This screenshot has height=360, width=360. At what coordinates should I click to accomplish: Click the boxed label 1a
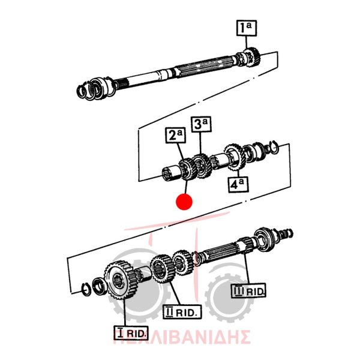[x=247, y=28]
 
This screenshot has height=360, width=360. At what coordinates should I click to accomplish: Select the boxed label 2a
[x=175, y=136]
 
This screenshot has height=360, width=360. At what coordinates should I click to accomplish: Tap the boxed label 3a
[x=201, y=124]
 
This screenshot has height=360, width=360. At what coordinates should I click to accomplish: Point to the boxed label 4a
[x=238, y=184]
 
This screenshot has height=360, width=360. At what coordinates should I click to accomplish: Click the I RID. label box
[x=131, y=332]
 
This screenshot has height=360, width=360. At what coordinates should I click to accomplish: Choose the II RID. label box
[x=182, y=312]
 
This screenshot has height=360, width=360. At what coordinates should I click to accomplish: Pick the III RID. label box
[x=248, y=290]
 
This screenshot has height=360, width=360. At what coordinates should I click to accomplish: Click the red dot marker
[x=184, y=202]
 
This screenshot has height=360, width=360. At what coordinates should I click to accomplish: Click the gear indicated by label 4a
[x=234, y=157]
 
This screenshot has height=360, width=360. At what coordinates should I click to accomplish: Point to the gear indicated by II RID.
[x=162, y=269]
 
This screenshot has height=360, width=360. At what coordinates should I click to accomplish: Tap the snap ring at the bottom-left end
[x=86, y=290]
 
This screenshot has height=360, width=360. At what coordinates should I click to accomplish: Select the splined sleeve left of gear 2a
[x=171, y=173]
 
